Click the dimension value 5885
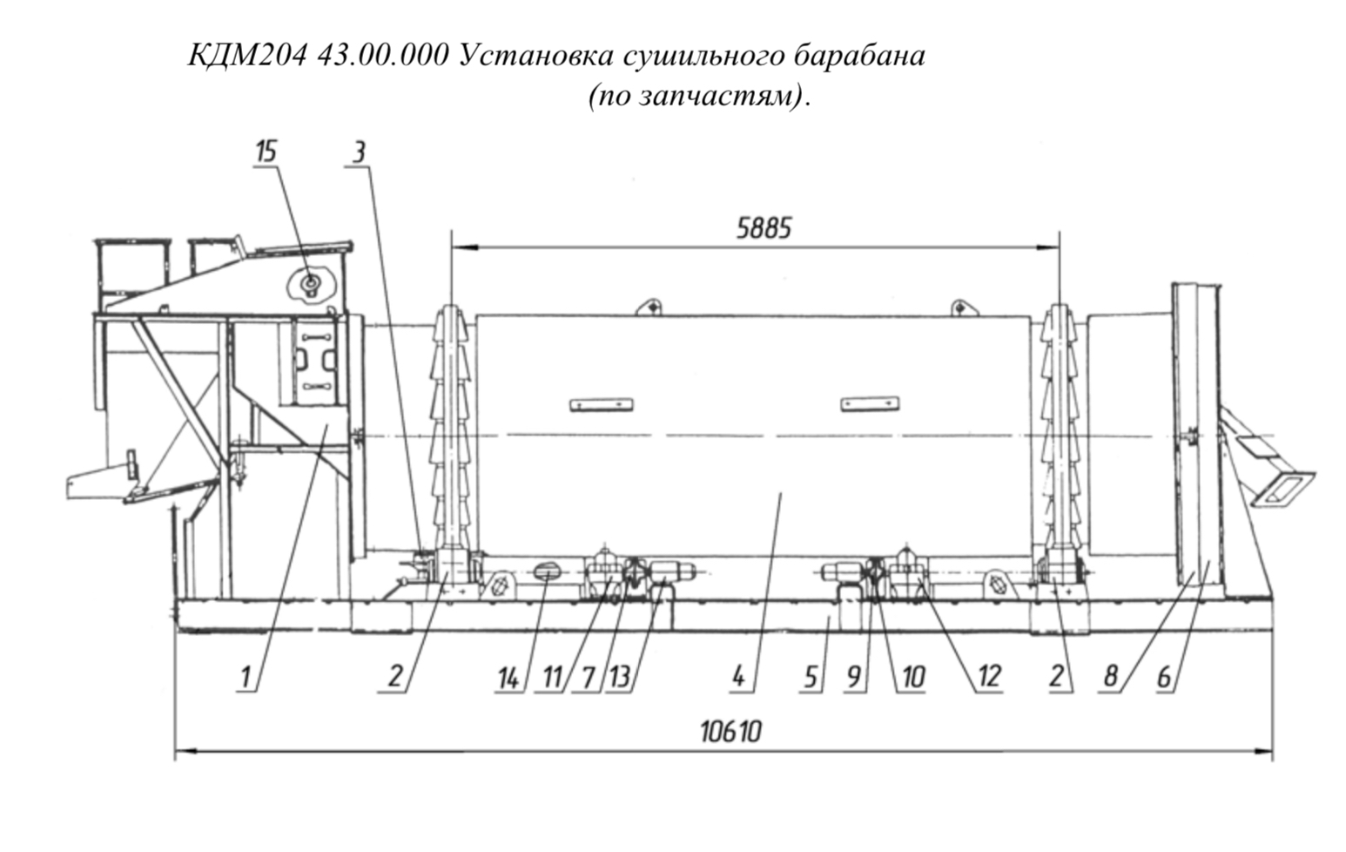[x=764, y=229]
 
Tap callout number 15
[x=266, y=152]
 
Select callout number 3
[x=358, y=152]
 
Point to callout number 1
[x=246, y=678]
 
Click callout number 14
[x=508, y=679]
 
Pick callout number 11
[x=552, y=679]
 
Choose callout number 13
[x=620, y=678]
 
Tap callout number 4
[x=738, y=678]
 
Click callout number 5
[x=811, y=679]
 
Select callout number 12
[x=989, y=678]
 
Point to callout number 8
[x=1110, y=678]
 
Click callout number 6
[x=1164, y=678]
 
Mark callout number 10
[x=913, y=679]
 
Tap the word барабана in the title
[x=860, y=56]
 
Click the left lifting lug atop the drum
[x=650, y=307]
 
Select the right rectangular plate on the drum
[x=870, y=403]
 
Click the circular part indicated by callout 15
[x=311, y=281]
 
